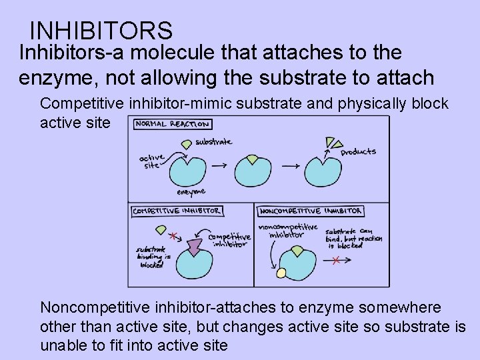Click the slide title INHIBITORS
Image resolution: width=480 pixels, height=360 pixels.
coord(101,31)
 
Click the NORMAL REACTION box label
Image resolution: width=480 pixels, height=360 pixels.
coord(173,124)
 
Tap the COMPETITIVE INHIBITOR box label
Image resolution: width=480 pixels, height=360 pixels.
coord(177,211)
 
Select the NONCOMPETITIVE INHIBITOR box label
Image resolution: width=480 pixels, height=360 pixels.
coord(310,211)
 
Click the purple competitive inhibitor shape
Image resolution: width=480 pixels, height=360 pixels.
coord(194,247)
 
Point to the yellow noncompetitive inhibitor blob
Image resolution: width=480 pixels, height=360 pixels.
coord(281,273)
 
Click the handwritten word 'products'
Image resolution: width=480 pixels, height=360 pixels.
coord(358,152)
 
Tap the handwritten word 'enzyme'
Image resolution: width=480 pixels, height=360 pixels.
coord(191,192)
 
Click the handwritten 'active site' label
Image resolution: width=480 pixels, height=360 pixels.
coord(152,161)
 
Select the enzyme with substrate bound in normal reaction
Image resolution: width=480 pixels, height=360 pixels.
coord(252,172)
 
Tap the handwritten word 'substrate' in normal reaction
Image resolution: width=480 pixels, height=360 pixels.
coord(213,141)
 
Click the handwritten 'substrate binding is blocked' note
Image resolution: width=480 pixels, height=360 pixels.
coord(152,256)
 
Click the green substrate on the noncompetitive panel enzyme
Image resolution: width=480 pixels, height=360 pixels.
coord(294,251)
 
